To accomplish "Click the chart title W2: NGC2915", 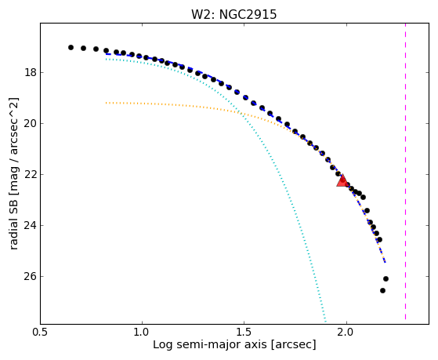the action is click(x=233, y=14).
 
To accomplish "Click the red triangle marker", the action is click(x=342, y=180).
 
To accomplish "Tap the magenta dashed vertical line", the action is click(x=405, y=172).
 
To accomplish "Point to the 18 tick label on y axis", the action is click(x=31, y=73).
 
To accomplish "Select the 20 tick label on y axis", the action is click(x=31, y=124).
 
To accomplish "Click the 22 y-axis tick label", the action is click(x=31, y=175).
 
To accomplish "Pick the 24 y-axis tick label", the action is click(x=31, y=225).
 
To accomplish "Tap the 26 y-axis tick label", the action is click(x=31, y=276).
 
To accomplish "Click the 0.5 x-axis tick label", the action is click(x=40, y=333).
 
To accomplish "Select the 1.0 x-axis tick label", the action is click(x=142, y=333).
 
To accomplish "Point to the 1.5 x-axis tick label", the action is click(x=244, y=333).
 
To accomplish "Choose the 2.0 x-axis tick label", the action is click(x=346, y=333).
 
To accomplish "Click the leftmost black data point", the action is click(x=71, y=48).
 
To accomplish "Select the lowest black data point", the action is click(x=382, y=291).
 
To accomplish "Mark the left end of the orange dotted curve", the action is click(x=106, y=103).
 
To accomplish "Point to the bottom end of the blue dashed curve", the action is click(x=386, y=263).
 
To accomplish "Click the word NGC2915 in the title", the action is click(x=248, y=14).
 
